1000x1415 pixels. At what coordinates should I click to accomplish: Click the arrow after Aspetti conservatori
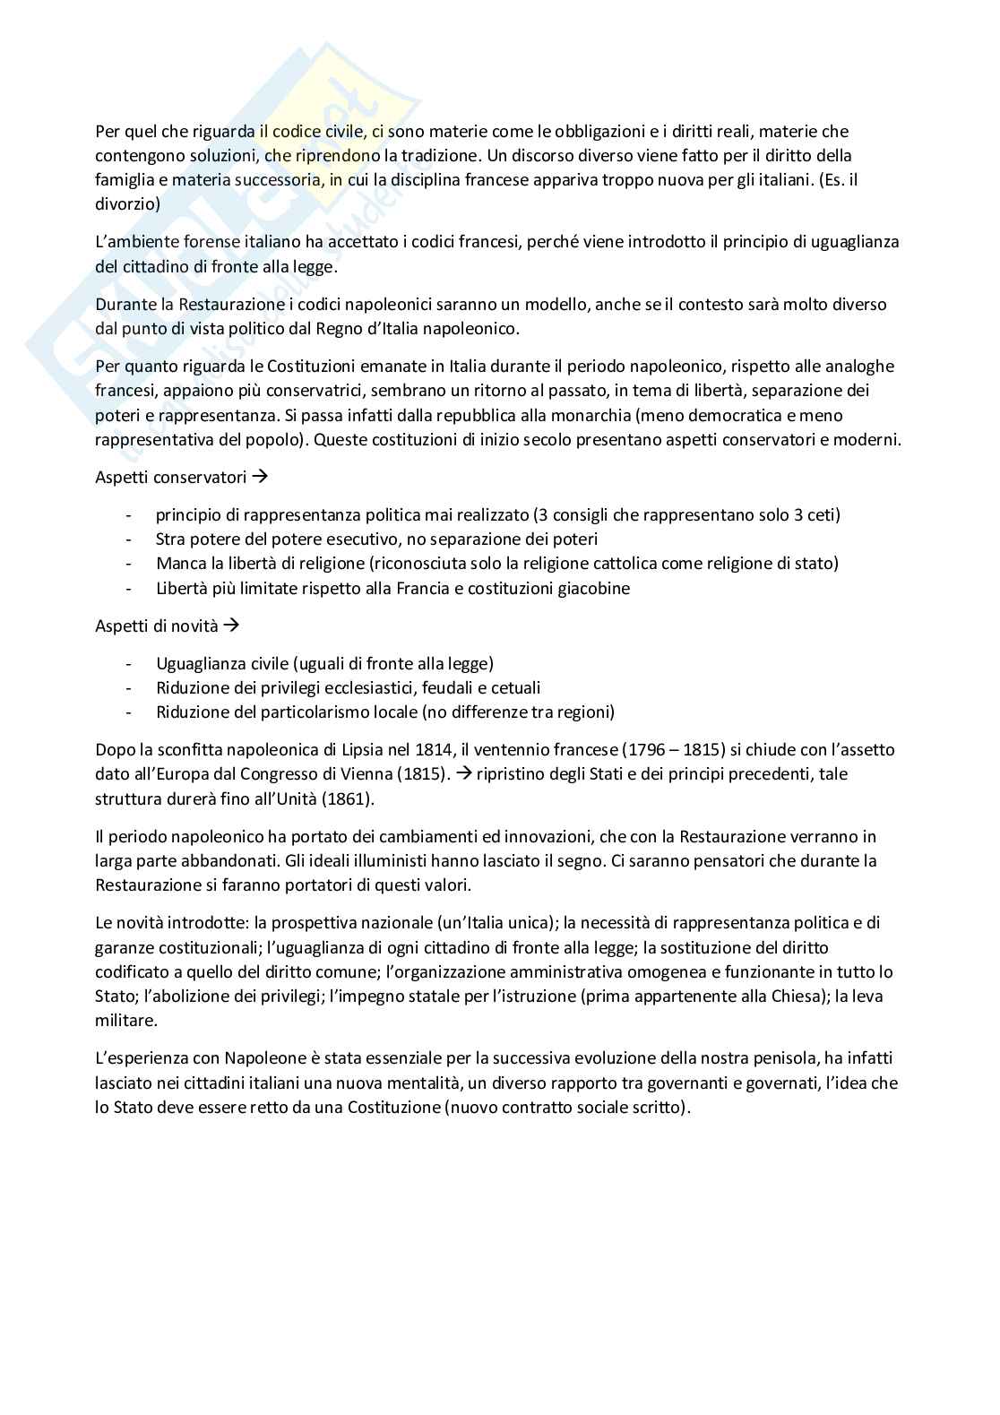pos(261,477)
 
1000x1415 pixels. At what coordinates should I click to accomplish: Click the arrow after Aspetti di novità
pos(231,626)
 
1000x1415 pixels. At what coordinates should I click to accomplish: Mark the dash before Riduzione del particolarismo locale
pos(131,712)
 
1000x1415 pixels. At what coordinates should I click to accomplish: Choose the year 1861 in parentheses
pos(324,798)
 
